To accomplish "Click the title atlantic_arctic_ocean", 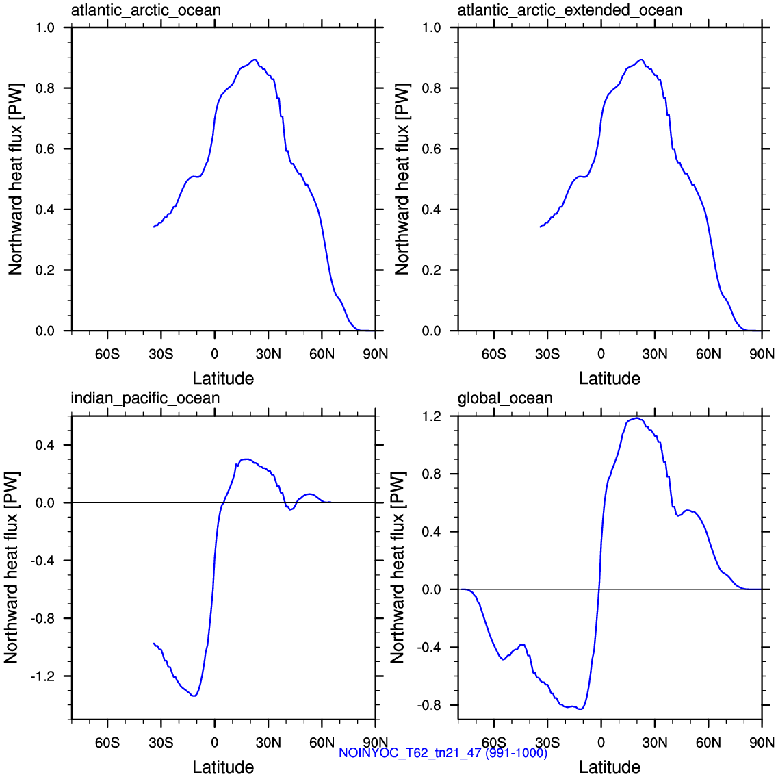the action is click(x=146, y=10).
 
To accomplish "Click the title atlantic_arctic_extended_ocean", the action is click(x=569, y=10).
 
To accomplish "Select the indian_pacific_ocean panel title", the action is click(x=145, y=398).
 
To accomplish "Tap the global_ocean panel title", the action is click(x=505, y=398).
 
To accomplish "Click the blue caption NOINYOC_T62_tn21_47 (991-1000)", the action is click(x=443, y=752).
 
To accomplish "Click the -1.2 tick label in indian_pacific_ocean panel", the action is click(x=44, y=676).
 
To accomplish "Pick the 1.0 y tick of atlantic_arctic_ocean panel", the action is click(x=45, y=27).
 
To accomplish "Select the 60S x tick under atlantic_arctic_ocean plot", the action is click(x=107, y=354).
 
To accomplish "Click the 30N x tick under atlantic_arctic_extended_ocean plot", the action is click(x=654, y=354).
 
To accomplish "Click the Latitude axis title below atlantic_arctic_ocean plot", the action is click(x=223, y=379).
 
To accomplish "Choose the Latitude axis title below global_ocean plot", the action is click(x=610, y=767).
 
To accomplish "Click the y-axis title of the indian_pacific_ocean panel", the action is click(x=12, y=568).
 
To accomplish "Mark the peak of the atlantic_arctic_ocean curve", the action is click(x=255, y=60).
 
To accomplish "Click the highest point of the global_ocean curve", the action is click(x=637, y=418).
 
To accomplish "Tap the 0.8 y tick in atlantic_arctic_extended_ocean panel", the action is click(x=432, y=88).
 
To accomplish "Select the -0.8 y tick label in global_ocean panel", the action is click(x=430, y=705).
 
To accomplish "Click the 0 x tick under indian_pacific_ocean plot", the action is click(x=214, y=743).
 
